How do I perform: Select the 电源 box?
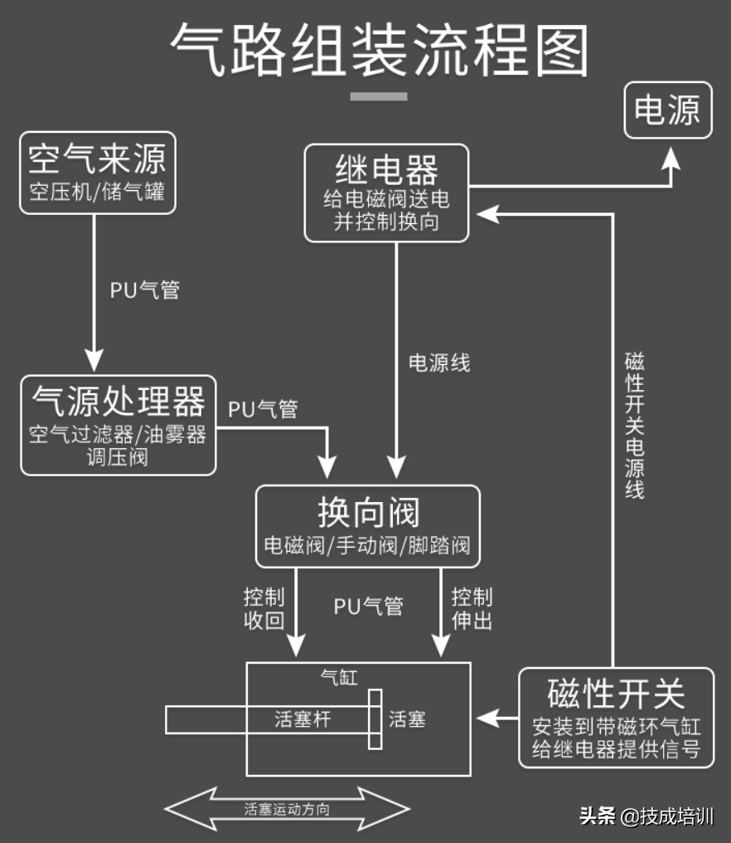[667, 110]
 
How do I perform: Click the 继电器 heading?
[386, 171]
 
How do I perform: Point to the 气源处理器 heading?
[118, 402]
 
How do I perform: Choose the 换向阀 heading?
[368, 513]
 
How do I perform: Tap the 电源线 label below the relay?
[439, 363]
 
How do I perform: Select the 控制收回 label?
[264, 609]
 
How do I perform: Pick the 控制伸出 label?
[472, 609]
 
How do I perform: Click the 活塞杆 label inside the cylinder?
[303, 719]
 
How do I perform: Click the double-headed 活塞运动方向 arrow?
[287, 809]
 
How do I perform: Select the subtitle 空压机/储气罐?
[98, 192]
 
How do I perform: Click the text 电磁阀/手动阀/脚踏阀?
[367, 546]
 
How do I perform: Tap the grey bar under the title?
[379, 96]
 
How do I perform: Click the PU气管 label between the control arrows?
[368, 607]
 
